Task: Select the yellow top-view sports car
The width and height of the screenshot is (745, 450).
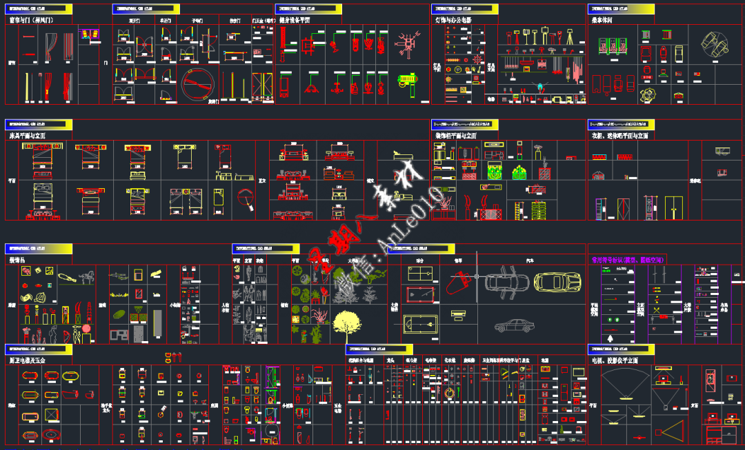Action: (x=557, y=282)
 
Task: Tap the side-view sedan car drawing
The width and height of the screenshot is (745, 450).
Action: (x=517, y=326)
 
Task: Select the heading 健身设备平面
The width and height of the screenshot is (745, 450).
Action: (x=295, y=21)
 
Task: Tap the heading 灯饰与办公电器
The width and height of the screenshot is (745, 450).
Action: (x=453, y=21)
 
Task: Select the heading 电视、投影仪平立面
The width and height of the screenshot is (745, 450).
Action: (x=615, y=360)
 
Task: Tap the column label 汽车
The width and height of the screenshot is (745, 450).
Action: (x=530, y=261)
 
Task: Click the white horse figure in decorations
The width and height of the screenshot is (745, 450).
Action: (x=86, y=278)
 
